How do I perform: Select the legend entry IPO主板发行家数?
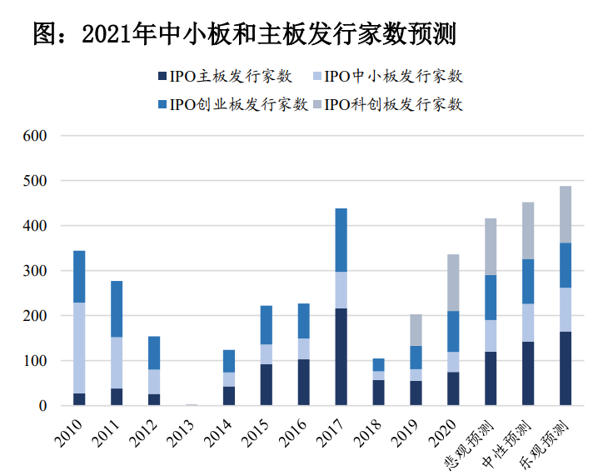pyautogui.click(x=224, y=77)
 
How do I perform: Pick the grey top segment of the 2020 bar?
pyautogui.click(x=453, y=283)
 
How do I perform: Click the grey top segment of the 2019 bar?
pyautogui.click(x=416, y=330)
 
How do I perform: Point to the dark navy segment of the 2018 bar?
pyautogui.click(x=378, y=393)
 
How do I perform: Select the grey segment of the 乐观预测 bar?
pyautogui.click(x=566, y=214)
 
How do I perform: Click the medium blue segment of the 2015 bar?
pyautogui.click(x=266, y=325)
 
